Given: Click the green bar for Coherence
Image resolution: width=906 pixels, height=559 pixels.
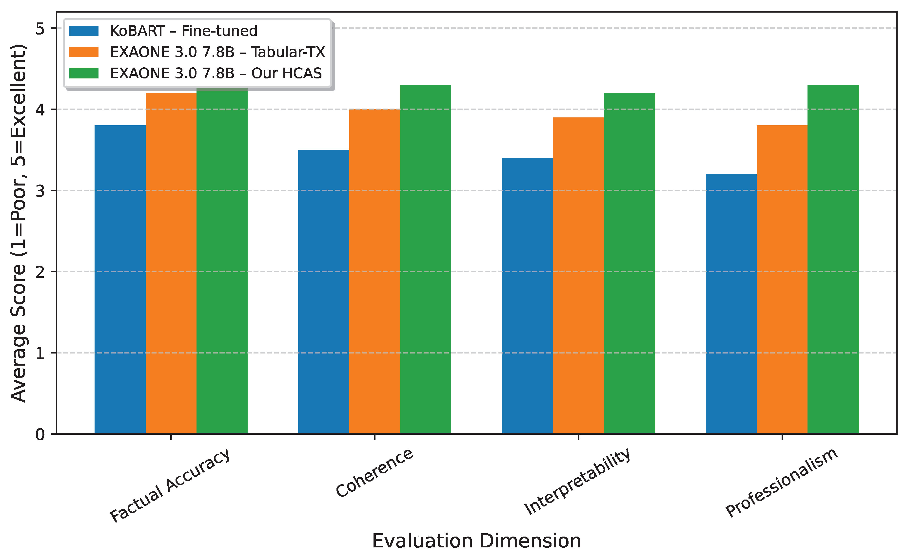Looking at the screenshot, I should coord(425,259).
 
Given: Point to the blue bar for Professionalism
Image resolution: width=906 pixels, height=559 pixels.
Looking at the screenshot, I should coord(731,303).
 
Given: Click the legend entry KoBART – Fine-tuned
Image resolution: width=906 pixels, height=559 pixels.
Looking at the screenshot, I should coord(183,31).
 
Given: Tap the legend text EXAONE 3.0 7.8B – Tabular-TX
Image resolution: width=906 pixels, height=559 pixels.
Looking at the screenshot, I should coord(217,52).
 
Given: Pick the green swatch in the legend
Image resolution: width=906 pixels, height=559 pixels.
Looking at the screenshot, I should coord(84,73).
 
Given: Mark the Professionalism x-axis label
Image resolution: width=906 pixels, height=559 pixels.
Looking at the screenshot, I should coord(781,483).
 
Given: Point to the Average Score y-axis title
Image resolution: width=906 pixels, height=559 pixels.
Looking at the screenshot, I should coord(19,223).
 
